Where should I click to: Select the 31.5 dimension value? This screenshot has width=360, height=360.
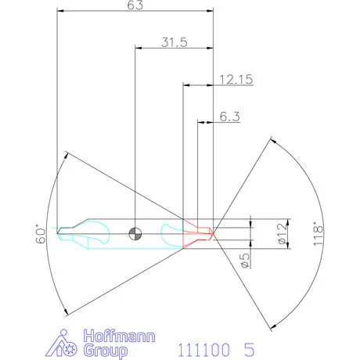[x=174, y=43]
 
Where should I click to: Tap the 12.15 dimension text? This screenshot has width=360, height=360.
[x=235, y=79]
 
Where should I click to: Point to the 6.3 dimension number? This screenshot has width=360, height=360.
[x=229, y=117]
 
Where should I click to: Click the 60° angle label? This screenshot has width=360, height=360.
[x=41, y=235]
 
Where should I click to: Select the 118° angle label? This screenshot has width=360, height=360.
[x=316, y=234]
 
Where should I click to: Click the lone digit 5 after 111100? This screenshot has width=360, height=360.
[x=249, y=345]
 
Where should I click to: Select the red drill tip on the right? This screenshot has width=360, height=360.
[x=199, y=232]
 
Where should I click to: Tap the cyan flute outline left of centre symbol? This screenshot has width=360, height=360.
[x=99, y=231]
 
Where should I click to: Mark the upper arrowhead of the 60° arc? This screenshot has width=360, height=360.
[x=67, y=157]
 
